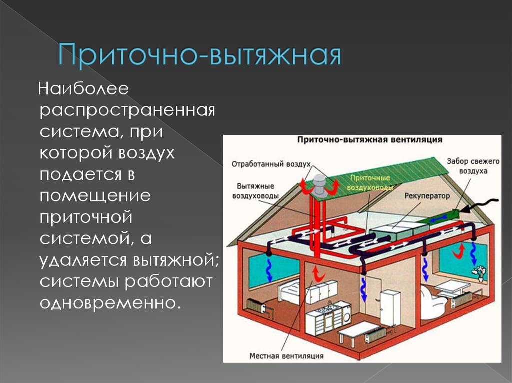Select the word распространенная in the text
[x=127, y=110]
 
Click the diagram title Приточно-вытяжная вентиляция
[x=369, y=140]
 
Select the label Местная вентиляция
[x=287, y=356]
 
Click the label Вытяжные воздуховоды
[x=255, y=191]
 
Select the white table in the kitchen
[x=358, y=330]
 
